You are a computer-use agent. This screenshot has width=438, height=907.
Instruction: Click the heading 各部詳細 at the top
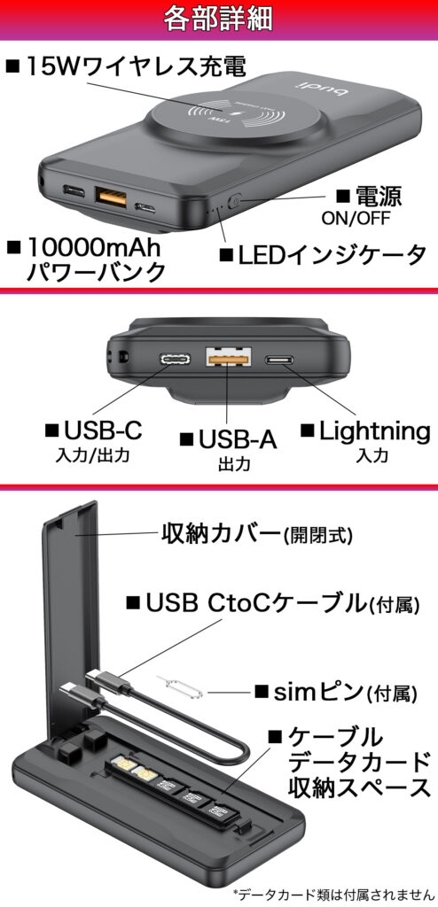218,19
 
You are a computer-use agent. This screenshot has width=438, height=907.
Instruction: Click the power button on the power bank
234,202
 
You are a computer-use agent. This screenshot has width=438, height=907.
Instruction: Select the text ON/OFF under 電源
356,218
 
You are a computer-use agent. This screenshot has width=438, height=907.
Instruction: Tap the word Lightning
374,431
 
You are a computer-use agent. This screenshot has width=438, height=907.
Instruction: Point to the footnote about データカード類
332,895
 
